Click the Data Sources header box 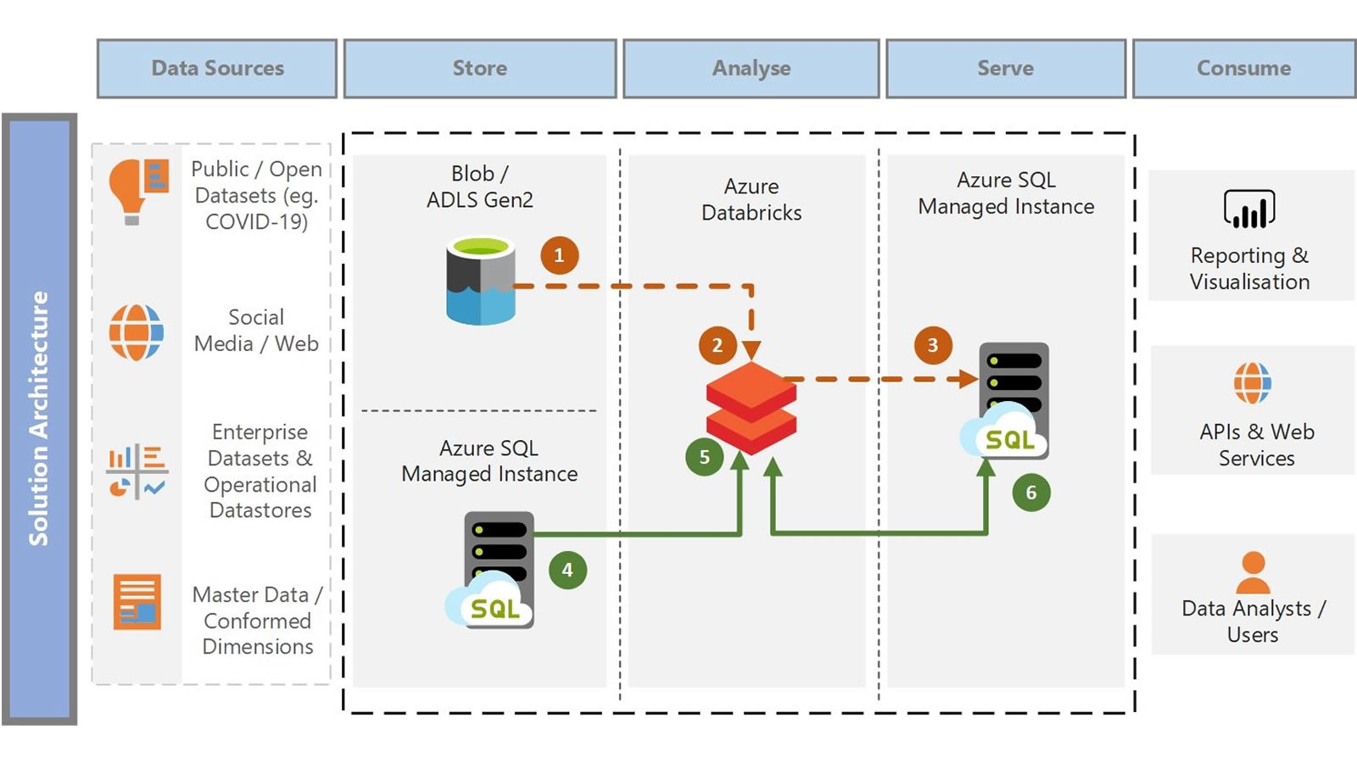pyautogui.click(x=217, y=69)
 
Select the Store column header pyautogui.click(x=480, y=69)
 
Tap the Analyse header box pyautogui.click(x=751, y=69)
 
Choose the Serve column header pyautogui.click(x=1006, y=69)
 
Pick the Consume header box pyautogui.click(x=1244, y=69)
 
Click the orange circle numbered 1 pyautogui.click(x=559, y=255)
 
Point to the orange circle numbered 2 pyautogui.click(x=718, y=345)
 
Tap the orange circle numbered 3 pyautogui.click(x=933, y=345)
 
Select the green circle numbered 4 pyautogui.click(x=567, y=570)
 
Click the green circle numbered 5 pyautogui.click(x=704, y=457)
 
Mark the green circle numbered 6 pyautogui.click(x=1031, y=493)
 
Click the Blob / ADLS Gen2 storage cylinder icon pyautogui.click(x=481, y=281)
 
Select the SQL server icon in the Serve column pyautogui.click(x=1008, y=401)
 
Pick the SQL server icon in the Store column pyautogui.click(x=493, y=570)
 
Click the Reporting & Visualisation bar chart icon pyautogui.click(x=1249, y=209)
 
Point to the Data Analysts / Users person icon pyautogui.click(x=1253, y=573)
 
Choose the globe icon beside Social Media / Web pyautogui.click(x=136, y=331)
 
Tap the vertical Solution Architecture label pyautogui.click(x=39, y=419)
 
